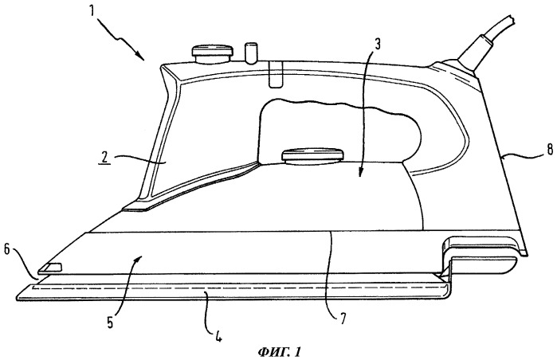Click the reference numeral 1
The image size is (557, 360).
92,10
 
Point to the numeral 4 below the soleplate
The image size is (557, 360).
218,335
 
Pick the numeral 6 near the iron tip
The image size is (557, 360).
6,249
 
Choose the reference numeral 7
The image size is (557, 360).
342,319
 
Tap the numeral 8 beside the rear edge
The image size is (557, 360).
550,150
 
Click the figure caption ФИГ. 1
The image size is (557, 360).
279,352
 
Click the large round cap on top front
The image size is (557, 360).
213,53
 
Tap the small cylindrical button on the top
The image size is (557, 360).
251,53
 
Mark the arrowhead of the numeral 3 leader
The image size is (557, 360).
359,173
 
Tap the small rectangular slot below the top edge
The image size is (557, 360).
276,74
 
